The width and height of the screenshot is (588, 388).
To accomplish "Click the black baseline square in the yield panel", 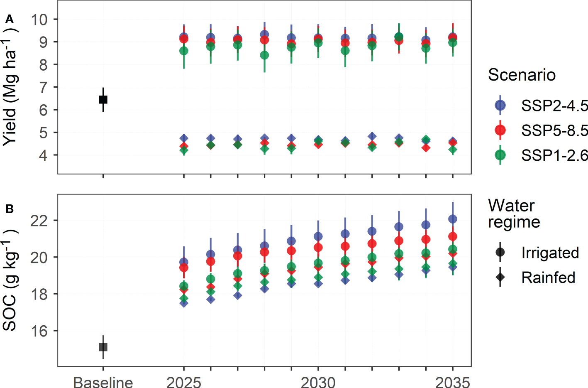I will pyautogui.click(x=103, y=100).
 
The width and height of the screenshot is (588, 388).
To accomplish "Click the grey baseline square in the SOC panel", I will pyautogui.click(x=103, y=347).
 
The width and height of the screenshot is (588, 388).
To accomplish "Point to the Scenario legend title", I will pyautogui.click(x=522, y=75).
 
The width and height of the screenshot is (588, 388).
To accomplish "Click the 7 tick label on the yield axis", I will pyautogui.click(x=43, y=88).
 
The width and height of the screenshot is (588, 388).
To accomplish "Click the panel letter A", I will pyautogui.click(x=9, y=19).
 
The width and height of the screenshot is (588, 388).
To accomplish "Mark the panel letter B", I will pyautogui.click(x=9, y=209).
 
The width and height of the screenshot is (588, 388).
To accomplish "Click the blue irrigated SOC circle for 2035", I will pyautogui.click(x=453, y=219).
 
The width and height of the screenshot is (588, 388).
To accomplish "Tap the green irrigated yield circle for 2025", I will pyautogui.click(x=184, y=51).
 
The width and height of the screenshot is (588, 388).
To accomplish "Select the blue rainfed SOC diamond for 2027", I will pyautogui.click(x=238, y=295).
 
